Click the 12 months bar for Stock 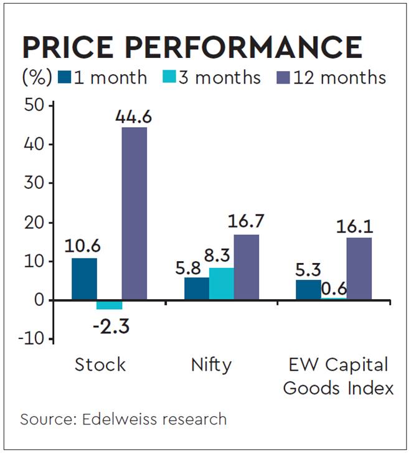pos(135,214)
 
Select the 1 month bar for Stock pos(84,279)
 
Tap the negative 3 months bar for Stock pos(109,305)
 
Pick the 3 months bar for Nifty pos(222,284)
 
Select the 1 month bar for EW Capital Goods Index pos(308,290)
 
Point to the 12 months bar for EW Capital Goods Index pos(359,269)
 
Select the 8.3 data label pos(222,255)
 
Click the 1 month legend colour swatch pos(64,77)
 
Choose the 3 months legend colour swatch pos(169,77)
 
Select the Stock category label pos(100,365)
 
